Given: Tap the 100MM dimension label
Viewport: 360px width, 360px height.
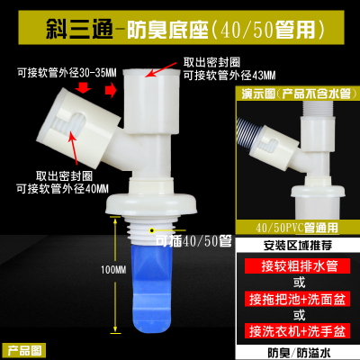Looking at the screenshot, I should click(115, 269).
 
